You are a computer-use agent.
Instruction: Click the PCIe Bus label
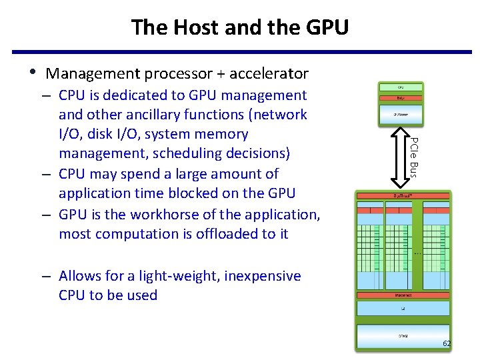pos(413,156)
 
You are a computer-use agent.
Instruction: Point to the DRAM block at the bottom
pos(403,336)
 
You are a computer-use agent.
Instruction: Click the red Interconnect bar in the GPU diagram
pos(403,295)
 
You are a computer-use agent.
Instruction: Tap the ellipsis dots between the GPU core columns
pos(417,253)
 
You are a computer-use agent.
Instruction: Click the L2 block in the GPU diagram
pos(403,308)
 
